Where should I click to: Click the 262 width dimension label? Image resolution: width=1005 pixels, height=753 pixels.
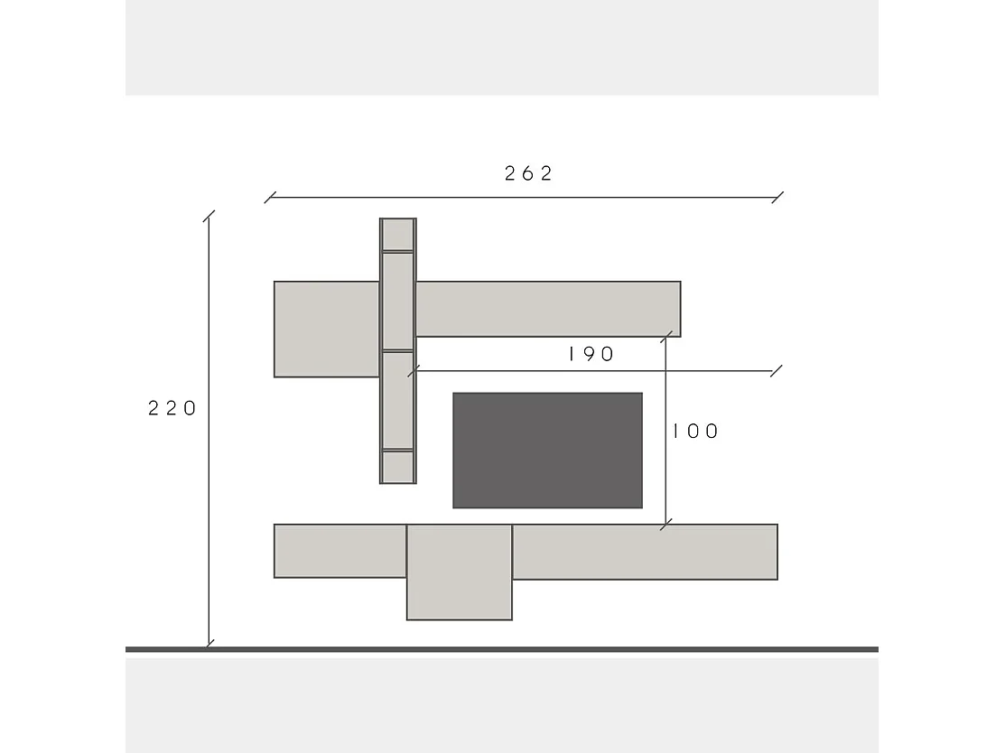528,174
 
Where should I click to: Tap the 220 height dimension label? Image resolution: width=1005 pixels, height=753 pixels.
172,408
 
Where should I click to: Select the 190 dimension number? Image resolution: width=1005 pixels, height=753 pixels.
591,354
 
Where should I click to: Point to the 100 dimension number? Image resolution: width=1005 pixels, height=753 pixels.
695,432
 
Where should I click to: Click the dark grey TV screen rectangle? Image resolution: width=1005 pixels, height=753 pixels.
547,450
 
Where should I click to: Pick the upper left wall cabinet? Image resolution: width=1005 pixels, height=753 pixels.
326,329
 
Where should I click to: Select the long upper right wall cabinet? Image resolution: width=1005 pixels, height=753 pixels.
547,309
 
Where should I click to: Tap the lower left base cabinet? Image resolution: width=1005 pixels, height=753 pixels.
340,551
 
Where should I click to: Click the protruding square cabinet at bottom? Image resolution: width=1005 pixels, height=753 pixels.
460,572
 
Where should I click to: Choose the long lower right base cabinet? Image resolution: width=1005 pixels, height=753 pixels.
645,552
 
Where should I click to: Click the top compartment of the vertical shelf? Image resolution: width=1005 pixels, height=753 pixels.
397,235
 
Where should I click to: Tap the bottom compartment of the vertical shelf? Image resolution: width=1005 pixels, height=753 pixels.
397,466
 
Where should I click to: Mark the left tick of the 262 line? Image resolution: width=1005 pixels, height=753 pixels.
269,197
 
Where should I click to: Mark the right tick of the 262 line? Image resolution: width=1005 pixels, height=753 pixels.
778,197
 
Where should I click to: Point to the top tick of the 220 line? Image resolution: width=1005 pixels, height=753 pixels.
209,217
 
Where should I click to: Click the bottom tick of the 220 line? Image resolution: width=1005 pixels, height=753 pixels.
209,643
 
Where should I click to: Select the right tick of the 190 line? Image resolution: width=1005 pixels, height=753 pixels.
777,370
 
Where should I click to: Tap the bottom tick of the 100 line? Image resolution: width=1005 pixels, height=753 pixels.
666,524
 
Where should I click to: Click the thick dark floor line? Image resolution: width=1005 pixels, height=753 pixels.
502,649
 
